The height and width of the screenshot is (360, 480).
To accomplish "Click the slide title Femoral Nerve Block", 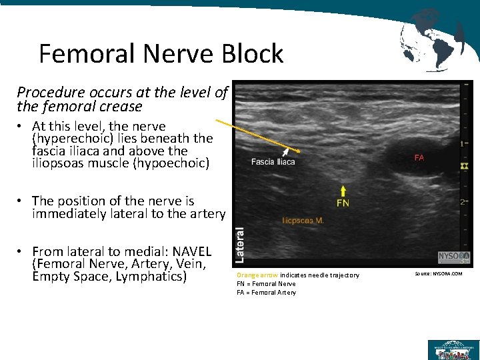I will tap(161, 53).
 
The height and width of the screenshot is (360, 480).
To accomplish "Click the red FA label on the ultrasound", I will tap(419, 158).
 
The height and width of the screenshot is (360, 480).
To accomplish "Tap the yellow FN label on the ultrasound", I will tap(343, 203).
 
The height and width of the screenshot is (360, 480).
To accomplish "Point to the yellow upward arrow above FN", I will tap(343, 190).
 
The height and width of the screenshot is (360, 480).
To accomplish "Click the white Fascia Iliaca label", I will tap(273, 162).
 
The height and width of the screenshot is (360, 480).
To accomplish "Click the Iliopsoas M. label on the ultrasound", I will tap(303, 220).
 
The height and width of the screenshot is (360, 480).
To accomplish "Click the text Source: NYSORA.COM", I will tap(438, 274).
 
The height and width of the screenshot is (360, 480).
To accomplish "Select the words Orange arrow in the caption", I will tap(257, 275).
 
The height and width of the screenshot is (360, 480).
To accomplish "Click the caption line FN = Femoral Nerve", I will tap(267, 284).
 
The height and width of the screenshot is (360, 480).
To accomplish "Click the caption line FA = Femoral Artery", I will tap(267, 293).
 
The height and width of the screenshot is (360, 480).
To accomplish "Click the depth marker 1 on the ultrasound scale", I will tap(462, 143).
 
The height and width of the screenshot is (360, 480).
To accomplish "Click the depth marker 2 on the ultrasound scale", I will tap(462, 202).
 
